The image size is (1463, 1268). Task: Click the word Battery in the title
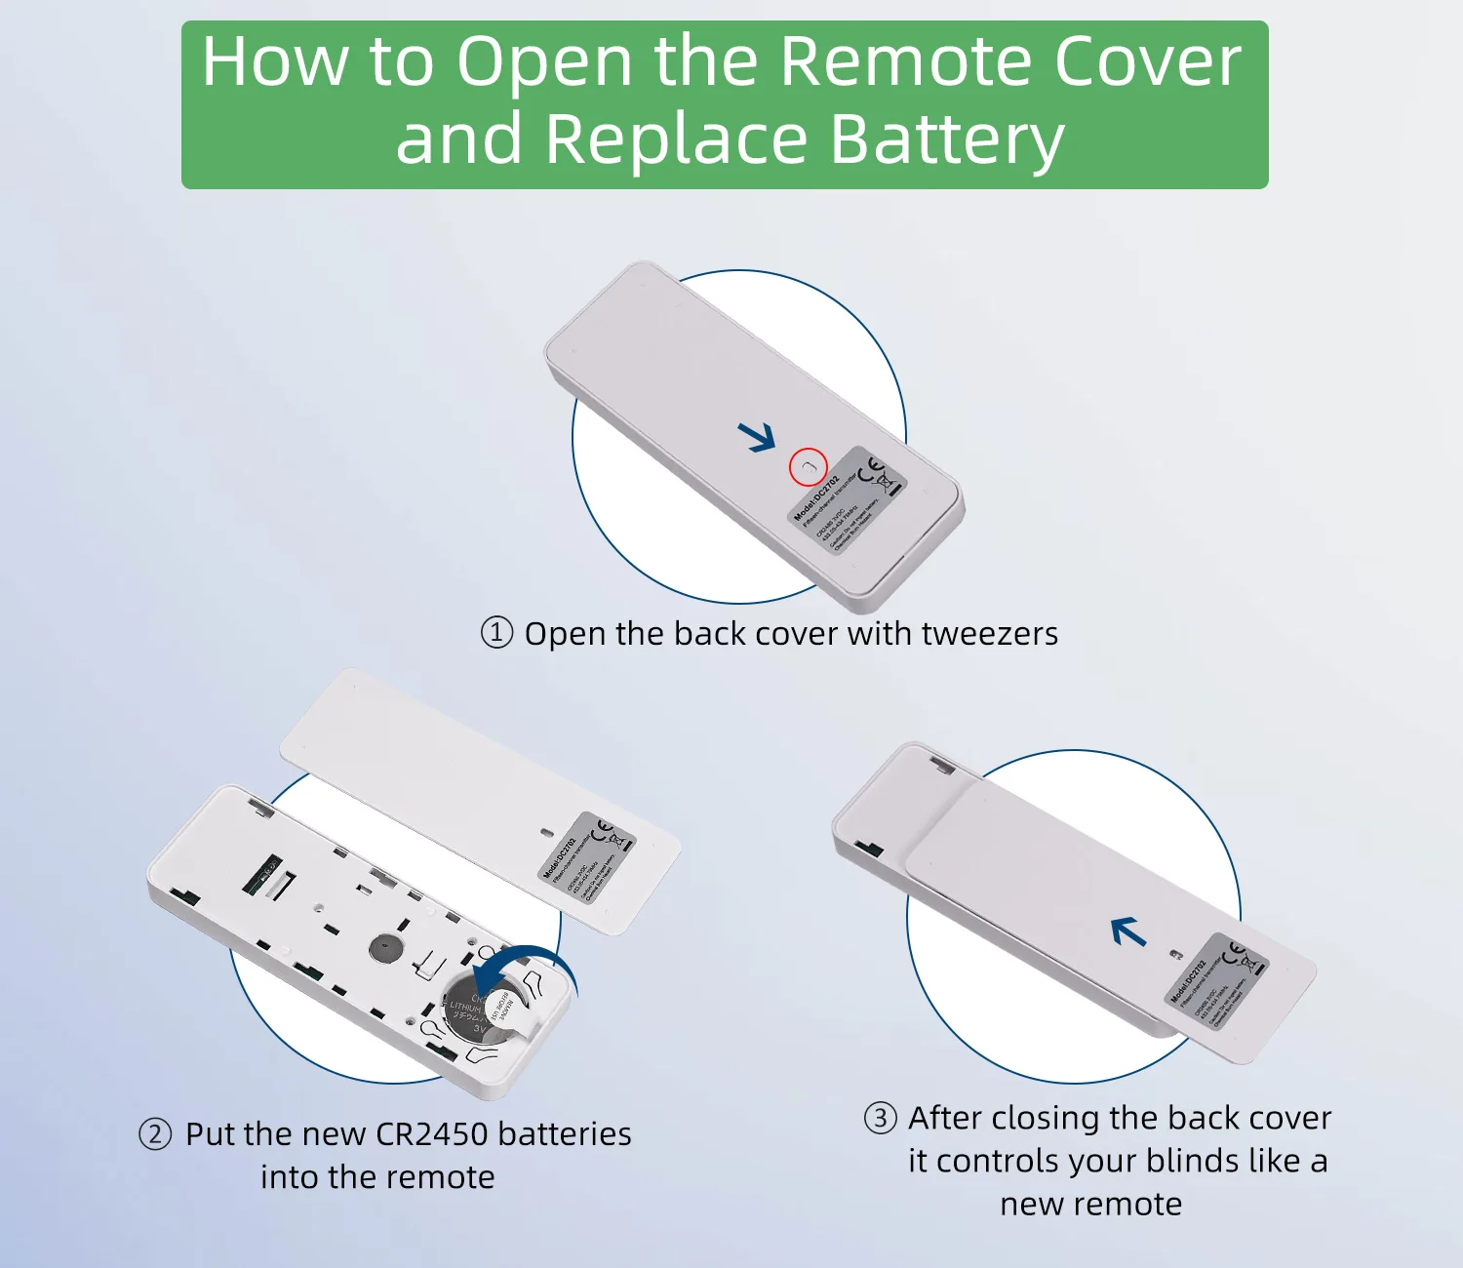point(946,139)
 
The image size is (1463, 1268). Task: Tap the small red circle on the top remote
point(808,468)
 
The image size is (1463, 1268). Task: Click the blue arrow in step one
point(757,437)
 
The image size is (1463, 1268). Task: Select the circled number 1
point(496,633)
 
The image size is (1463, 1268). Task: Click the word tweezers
point(989,634)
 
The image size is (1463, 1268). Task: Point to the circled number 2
point(155,1134)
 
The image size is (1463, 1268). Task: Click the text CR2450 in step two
point(431,1134)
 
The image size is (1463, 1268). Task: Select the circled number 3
point(880,1118)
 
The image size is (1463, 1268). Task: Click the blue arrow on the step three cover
point(1129,932)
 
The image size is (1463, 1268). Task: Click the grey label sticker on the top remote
point(847,500)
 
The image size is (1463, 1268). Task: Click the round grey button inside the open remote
point(385,947)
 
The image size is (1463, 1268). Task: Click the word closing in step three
point(1045,1118)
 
